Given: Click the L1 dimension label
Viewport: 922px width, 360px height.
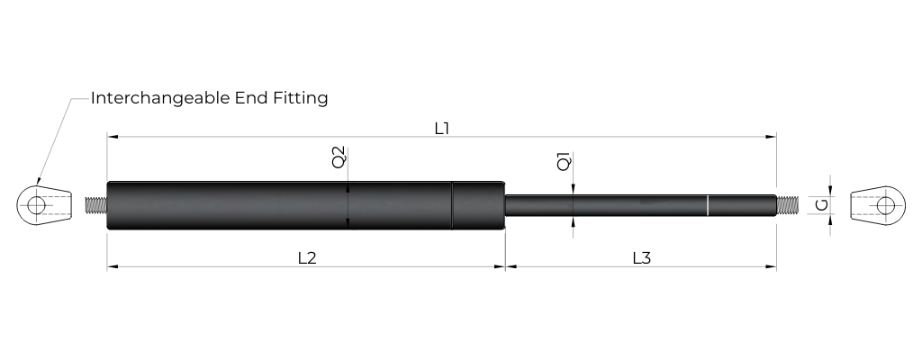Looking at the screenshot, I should tap(441, 128).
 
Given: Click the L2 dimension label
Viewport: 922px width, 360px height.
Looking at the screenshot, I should tap(306, 257).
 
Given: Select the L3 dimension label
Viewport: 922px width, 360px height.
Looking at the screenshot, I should tap(641, 257).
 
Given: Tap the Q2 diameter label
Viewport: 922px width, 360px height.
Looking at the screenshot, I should tap(339, 157).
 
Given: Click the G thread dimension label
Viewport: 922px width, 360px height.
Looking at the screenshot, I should tap(821, 205).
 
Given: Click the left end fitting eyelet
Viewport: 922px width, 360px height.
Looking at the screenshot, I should tap(44, 205).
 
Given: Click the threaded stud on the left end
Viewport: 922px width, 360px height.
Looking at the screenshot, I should tap(95, 205).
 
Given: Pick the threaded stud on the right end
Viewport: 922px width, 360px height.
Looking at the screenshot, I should tap(787, 205).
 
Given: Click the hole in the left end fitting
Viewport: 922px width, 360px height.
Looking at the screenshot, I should tap(36, 205).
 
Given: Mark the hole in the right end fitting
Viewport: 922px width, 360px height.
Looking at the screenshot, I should tap(887, 205).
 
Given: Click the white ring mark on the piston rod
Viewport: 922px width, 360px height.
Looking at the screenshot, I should tap(708, 205).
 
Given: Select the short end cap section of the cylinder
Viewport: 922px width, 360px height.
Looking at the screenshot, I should tap(477, 205).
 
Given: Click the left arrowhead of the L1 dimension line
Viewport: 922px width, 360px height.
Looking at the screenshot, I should tap(111, 137).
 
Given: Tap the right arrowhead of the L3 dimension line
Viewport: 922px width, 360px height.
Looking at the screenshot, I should tap(773, 266).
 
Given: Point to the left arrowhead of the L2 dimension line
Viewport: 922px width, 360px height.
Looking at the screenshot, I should tap(111, 266).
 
